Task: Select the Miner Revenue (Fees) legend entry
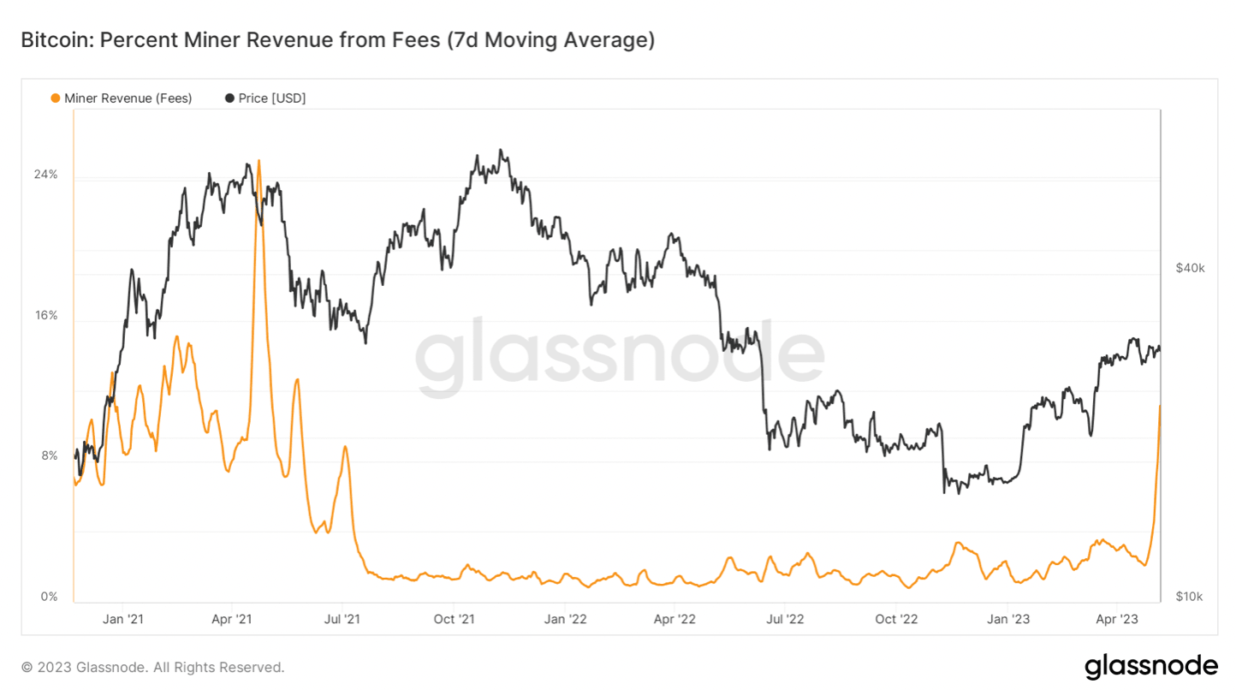click(x=122, y=98)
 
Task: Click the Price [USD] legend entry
click(x=265, y=98)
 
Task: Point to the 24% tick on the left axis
click(x=45, y=175)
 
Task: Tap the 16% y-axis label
click(x=45, y=315)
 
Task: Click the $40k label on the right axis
click(x=1190, y=268)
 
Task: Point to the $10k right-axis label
click(x=1190, y=596)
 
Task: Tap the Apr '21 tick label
click(x=231, y=618)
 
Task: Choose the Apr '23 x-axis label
click(x=1116, y=618)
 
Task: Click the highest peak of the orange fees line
click(x=258, y=160)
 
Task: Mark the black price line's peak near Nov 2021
click(x=501, y=151)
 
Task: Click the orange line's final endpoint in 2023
click(x=1160, y=405)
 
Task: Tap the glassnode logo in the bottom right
click(x=1150, y=666)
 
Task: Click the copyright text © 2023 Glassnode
click(x=152, y=667)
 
